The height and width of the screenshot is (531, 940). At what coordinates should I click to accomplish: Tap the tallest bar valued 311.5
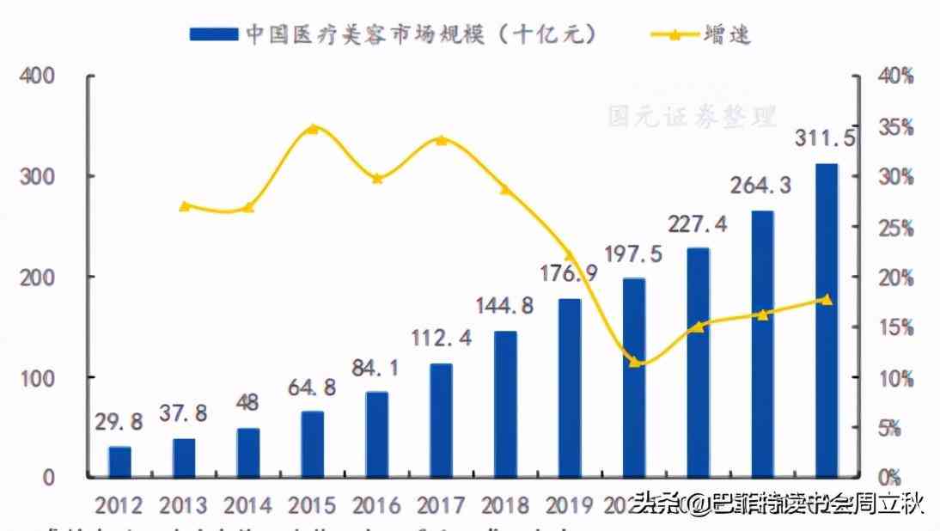tap(827, 320)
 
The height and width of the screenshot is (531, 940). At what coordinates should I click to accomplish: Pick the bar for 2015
tap(312, 443)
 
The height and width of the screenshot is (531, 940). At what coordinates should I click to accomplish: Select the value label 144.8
tap(505, 305)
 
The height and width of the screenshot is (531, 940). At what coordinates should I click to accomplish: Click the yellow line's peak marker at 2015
tap(313, 129)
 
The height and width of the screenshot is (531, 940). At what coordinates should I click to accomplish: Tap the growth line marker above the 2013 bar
tap(184, 205)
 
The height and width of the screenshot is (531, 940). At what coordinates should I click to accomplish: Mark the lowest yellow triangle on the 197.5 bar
tap(634, 362)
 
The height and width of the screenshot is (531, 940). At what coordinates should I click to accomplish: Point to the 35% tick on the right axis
tap(895, 127)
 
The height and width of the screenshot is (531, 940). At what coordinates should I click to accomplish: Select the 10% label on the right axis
tap(895, 378)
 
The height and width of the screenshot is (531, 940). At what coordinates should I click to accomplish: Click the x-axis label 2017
tap(441, 504)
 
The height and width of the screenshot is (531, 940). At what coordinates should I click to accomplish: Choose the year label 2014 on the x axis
tap(247, 504)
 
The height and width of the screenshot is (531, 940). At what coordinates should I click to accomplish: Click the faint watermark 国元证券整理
tap(692, 116)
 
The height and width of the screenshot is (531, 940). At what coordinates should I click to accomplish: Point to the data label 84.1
tap(375, 368)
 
